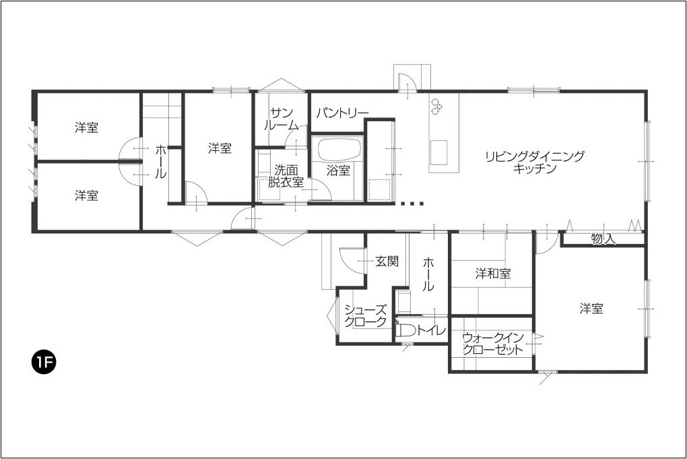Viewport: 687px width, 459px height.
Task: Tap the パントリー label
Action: tap(342, 113)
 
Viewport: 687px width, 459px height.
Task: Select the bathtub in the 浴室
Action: tap(339, 150)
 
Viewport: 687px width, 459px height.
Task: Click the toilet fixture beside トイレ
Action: tap(405, 330)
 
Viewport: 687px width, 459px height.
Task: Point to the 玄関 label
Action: tap(387, 262)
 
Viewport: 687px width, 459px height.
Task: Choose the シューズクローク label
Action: tap(366, 315)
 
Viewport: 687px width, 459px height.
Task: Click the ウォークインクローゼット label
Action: tap(493, 343)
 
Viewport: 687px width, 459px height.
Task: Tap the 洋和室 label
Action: tap(493, 274)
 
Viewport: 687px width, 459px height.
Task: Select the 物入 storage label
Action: tap(603, 239)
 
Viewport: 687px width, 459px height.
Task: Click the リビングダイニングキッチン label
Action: tap(535, 162)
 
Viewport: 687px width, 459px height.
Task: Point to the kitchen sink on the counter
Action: tap(438, 152)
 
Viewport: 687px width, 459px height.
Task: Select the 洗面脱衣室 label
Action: tap(286, 175)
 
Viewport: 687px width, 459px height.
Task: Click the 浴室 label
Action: tap(338, 171)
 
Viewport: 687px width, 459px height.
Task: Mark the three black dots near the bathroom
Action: tap(412, 204)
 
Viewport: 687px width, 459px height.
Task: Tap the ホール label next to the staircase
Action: tap(161, 161)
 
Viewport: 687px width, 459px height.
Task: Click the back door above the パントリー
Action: tap(407, 84)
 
